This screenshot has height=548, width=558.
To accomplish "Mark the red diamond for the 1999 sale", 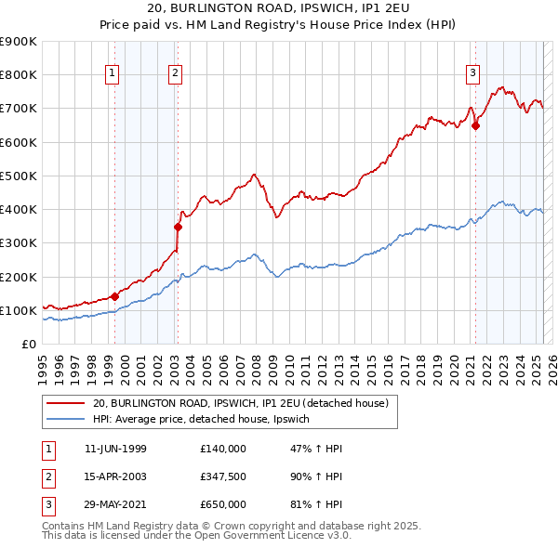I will click(114, 296).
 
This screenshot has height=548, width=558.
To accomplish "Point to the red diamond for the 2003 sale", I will click(178, 226).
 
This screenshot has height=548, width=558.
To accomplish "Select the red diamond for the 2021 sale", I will click(475, 126).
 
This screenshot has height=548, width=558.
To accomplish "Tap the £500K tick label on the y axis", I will click(19, 176).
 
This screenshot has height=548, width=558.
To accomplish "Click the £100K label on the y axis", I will click(19, 310).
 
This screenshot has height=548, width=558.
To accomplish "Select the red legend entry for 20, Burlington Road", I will click(246, 403).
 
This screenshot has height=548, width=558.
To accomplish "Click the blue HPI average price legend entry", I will click(206, 420).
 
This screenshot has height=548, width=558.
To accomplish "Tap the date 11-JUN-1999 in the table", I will click(115, 449).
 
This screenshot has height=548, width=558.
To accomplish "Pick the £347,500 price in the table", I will click(223, 476).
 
